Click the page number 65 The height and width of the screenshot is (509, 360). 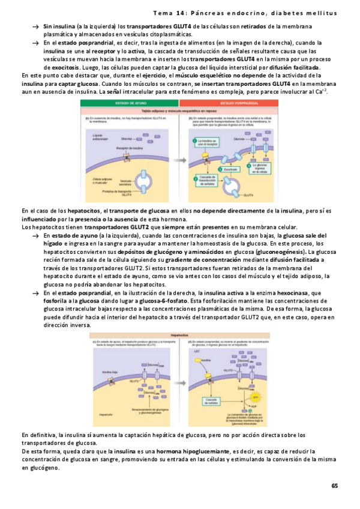(x=335, y=485)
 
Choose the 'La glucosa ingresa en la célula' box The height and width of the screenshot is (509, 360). (x=262, y=167)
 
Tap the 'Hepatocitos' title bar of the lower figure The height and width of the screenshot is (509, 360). (x=179, y=336)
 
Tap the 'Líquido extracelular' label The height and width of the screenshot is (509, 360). (x=94, y=137)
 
